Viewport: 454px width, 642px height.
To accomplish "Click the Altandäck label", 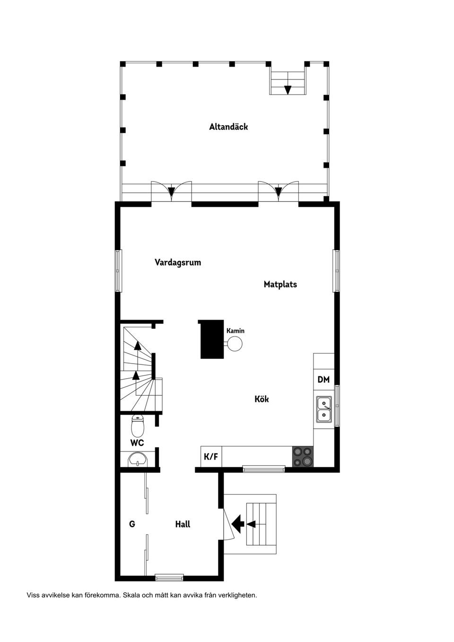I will tap(228, 127).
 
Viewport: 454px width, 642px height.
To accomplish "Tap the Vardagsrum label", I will tap(178, 262).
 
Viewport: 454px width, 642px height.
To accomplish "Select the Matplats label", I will tap(280, 284).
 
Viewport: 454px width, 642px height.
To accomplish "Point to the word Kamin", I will tap(236, 331).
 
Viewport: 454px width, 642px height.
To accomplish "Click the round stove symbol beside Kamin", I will tap(235, 344).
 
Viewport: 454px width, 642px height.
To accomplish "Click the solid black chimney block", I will tap(211, 339).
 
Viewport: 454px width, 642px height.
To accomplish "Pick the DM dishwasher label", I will tap(323, 380).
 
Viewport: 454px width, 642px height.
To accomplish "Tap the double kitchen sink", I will tap(324, 409).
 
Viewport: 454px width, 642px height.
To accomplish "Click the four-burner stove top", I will tap(303, 457).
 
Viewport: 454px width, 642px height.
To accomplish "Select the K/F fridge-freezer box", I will tap(211, 457).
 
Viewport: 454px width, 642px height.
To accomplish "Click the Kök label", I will tap(262, 399).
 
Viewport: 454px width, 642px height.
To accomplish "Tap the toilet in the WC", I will tap(138, 426).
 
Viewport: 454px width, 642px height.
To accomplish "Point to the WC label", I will tap(137, 443).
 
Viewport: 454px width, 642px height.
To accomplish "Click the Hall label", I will tap(183, 524).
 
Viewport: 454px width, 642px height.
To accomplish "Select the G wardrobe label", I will tap(132, 524).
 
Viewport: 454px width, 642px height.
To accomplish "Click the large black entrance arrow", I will tap(238, 523).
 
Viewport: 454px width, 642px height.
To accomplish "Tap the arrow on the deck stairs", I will tap(288, 89).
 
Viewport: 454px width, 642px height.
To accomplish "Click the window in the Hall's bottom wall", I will tap(169, 577).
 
